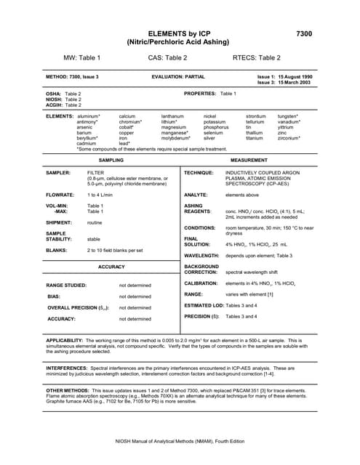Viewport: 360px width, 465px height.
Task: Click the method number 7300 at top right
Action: (x=305, y=34)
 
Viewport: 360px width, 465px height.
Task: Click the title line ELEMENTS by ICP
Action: (x=180, y=34)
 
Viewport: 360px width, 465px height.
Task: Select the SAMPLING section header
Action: (x=111, y=158)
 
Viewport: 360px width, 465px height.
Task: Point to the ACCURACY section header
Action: (x=111, y=267)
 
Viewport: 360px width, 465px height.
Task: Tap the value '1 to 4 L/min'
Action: (x=102, y=195)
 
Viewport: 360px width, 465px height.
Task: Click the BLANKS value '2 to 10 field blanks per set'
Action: (x=115, y=250)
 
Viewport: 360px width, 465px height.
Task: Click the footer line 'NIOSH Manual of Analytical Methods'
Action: (x=179, y=442)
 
